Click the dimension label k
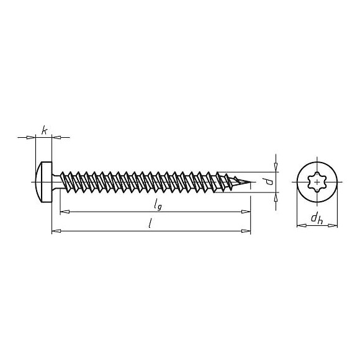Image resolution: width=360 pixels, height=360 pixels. pos(44,130)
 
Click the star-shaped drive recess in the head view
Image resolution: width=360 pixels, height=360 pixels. pos(317,181)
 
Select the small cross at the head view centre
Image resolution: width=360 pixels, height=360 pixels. pos(317,181)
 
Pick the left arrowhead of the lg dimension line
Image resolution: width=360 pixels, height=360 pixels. pos(63,212)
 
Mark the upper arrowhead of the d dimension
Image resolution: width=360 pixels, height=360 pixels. pos(276,168)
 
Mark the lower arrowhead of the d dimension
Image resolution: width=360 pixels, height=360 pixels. pos(276,196)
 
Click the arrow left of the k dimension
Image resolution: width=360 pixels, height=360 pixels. pos(32,137)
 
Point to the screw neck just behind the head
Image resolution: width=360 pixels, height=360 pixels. pos(58,181)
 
